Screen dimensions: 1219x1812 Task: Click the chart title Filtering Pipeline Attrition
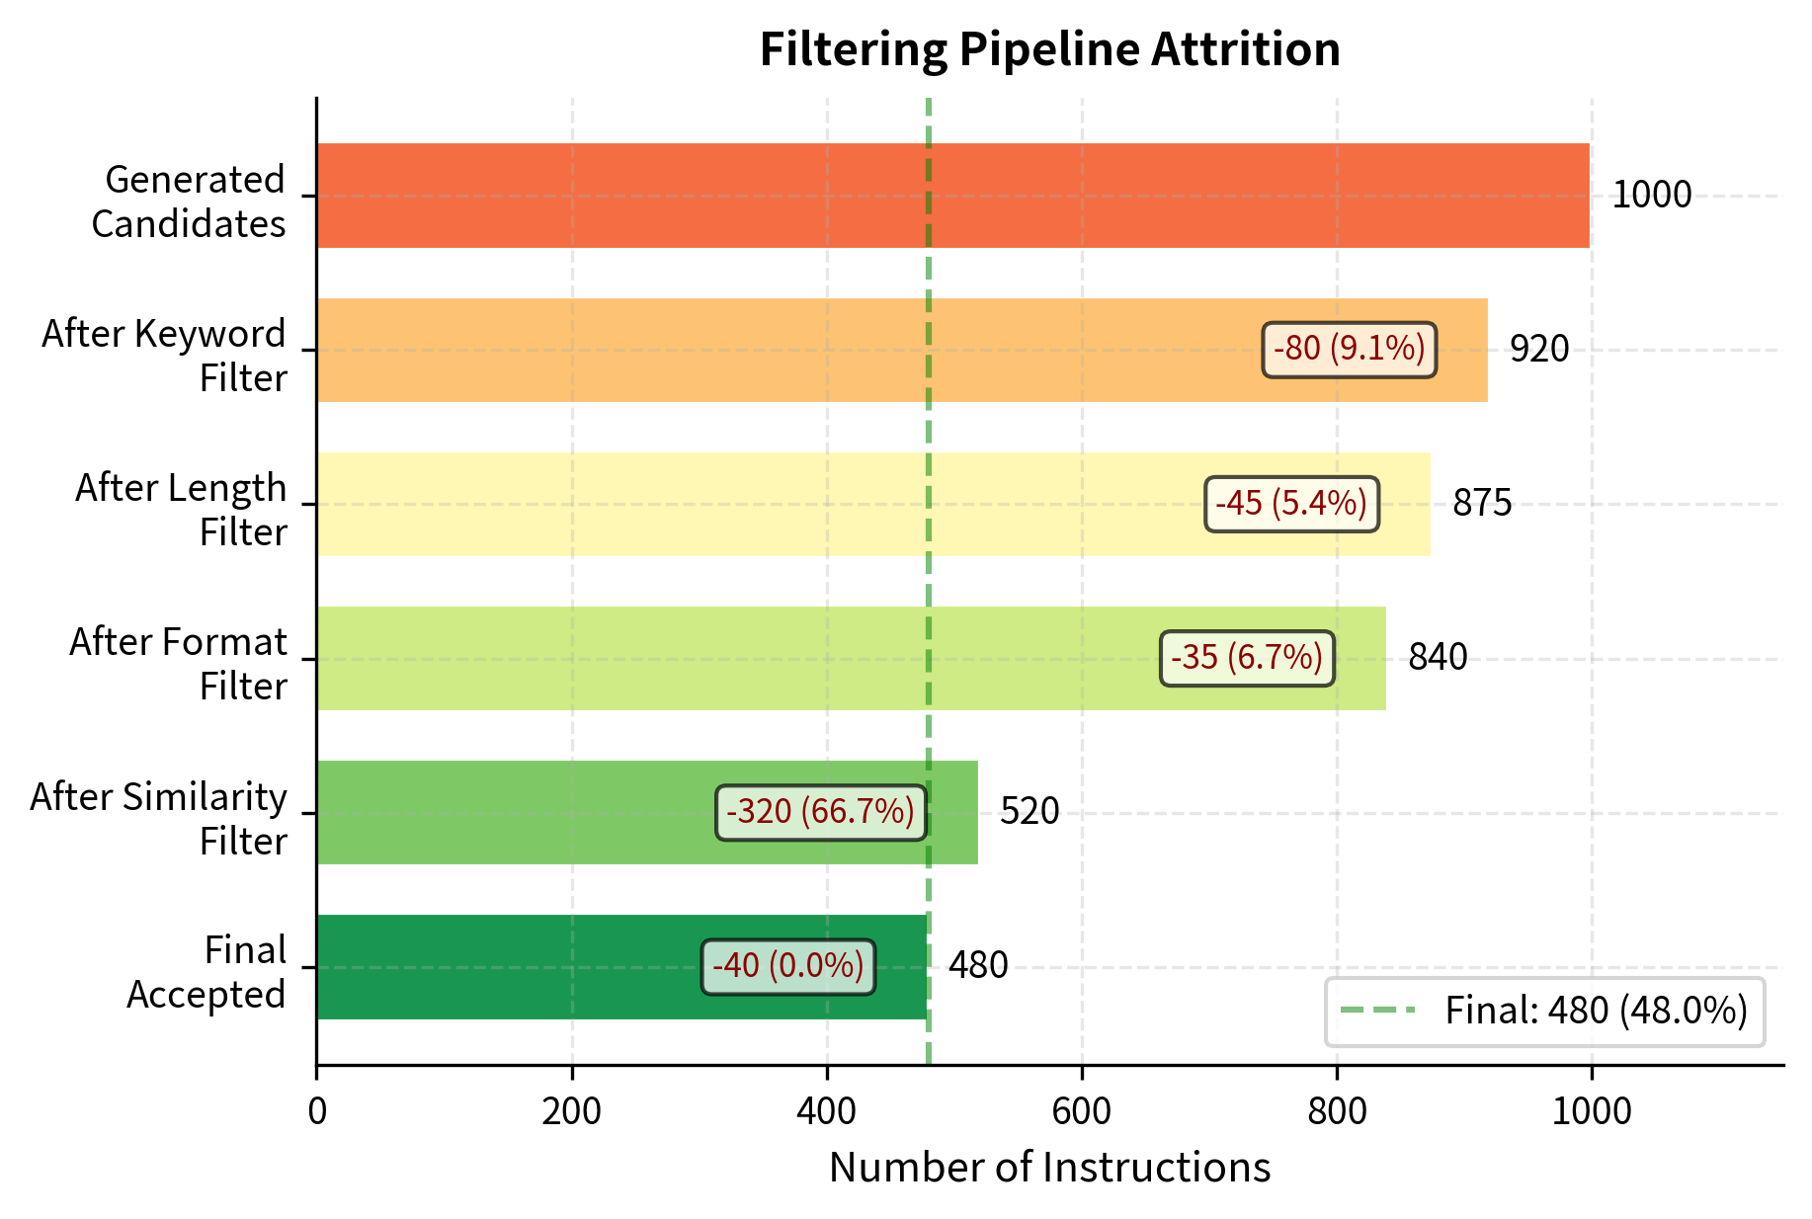pyautogui.click(x=1049, y=49)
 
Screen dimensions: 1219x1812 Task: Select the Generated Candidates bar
pyautogui.click(x=952, y=196)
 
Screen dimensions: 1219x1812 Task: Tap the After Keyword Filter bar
pyautogui.click(x=790, y=350)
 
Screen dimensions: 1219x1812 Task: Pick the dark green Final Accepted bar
pyautogui.click(x=514, y=966)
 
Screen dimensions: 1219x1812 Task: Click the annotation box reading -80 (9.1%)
pyautogui.click(x=1349, y=349)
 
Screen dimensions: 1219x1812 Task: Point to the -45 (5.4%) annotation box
pyautogui.click(x=1291, y=504)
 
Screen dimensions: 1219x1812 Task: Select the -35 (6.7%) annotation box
pyautogui.click(x=1246, y=658)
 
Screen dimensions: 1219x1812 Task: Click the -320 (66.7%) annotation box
pyautogui.click(x=820, y=812)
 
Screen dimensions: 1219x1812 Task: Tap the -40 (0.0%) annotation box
pyautogui.click(x=787, y=966)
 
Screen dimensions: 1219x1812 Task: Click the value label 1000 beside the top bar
pyautogui.click(x=1651, y=195)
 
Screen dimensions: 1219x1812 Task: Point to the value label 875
pyautogui.click(x=1481, y=503)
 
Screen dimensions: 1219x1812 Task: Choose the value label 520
pyautogui.click(x=1029, y=811)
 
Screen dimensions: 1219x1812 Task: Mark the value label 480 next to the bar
pyautogui.click(x=977, y=965)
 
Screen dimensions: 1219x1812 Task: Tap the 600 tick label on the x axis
pyautogui.click(x=1081, y=1112)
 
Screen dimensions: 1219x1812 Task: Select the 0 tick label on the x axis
pyautogui.click(x=317, y=1112)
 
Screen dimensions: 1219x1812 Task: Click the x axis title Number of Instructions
pyautogui.click(x=1049, y=1168)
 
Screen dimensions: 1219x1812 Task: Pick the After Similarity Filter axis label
pyautogui.click(x=158, y=818)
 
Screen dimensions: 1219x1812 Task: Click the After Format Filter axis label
pyautogui.click(x=178, y=664)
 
